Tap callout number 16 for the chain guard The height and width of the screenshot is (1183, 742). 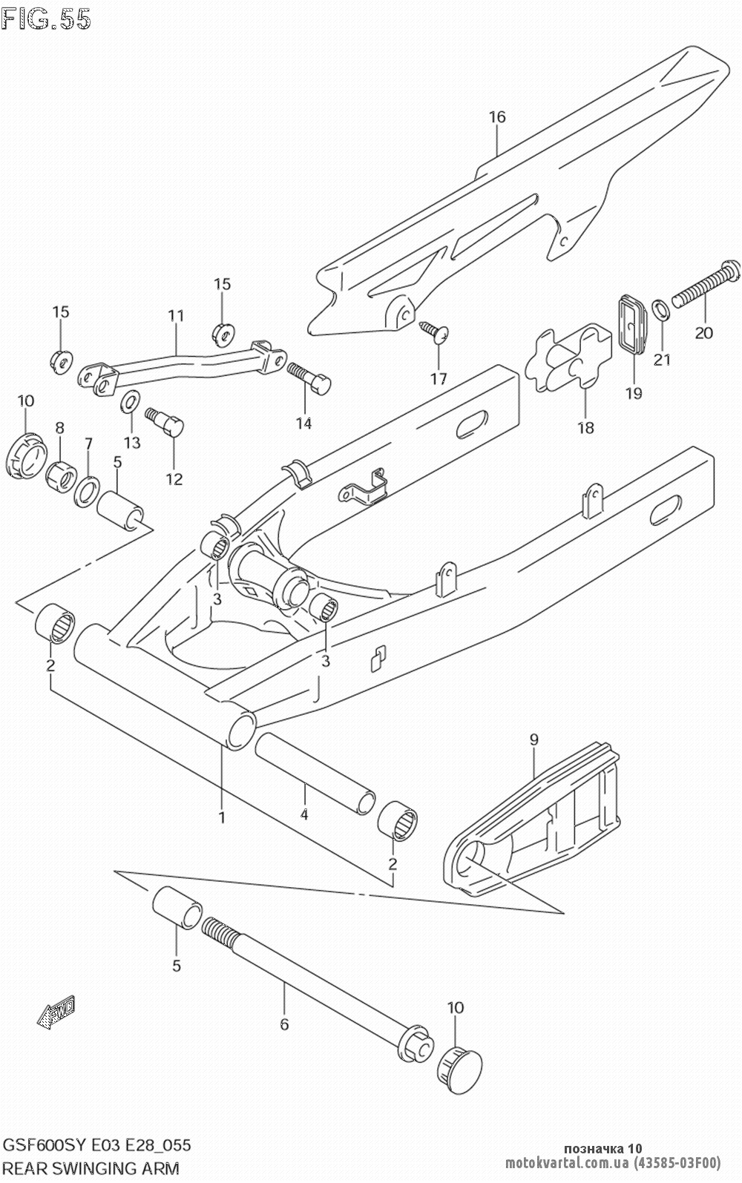[497, 116]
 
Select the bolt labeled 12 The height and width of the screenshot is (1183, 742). [165, 419]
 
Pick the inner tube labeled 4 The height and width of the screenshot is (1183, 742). [315, 774]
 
